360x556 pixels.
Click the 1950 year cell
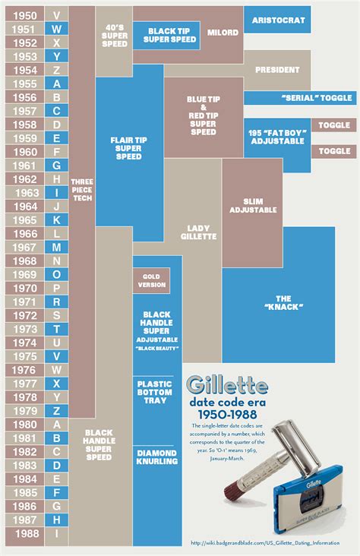[x=24, y=15]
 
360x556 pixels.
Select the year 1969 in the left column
[x=24, y=275]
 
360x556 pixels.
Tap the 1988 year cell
[x=24, y=535]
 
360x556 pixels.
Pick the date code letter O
[x=57, y=275]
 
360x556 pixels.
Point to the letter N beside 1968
[x=57, y=261]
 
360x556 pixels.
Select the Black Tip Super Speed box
[x=161, y=33]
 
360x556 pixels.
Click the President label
[x=276, y=70]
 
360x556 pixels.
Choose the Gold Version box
[x=151, y=280]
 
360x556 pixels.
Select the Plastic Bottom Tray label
[x=157, y=391]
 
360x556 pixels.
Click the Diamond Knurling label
[x=157, y=456]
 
